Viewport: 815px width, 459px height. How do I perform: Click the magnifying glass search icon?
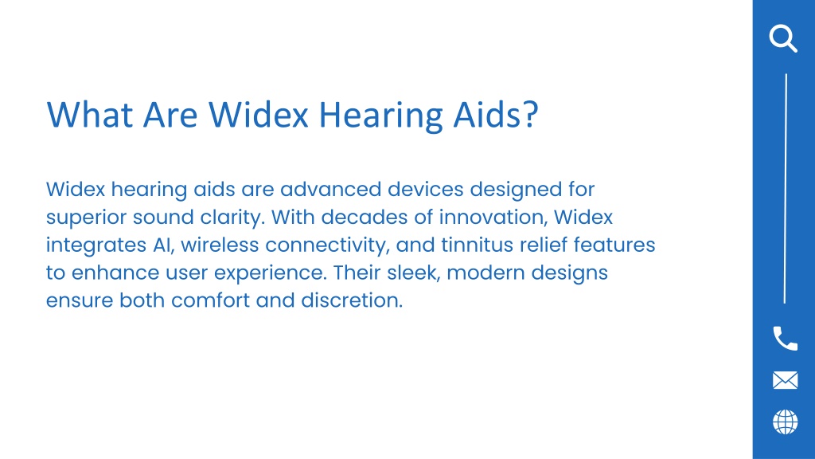(783, 38)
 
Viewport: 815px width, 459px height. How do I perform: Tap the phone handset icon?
(785, 339)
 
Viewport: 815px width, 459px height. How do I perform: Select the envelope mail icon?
(785, 380)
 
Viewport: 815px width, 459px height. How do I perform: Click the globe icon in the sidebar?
(785, 422)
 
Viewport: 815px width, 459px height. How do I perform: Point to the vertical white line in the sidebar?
(785, 188)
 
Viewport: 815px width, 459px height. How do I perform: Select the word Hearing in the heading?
(381, 116)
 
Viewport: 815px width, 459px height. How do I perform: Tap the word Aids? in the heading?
(496, 115)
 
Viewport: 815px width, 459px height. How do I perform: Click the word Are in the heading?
(170, 115)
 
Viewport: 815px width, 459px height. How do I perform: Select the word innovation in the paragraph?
(493, 217)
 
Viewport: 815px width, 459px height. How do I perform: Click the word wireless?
(220, 245)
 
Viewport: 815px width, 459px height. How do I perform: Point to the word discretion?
(351, 300)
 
